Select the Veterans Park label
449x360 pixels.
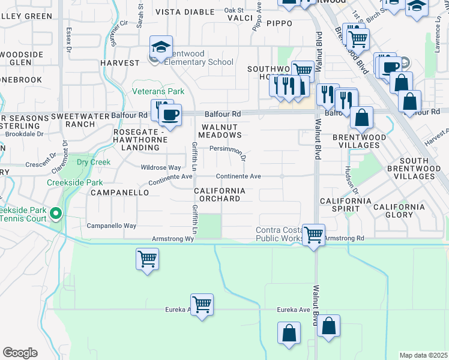158,91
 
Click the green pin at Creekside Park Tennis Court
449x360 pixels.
56,212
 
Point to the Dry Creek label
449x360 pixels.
94,162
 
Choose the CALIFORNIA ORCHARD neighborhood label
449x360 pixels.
219,194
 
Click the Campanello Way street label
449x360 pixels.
112,226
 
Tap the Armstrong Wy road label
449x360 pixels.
173,239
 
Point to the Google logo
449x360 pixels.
20,352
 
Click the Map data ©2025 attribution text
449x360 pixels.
423,355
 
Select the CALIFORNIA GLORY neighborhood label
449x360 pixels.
399,211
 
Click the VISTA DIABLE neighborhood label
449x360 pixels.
185,12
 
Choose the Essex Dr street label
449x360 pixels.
70,38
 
